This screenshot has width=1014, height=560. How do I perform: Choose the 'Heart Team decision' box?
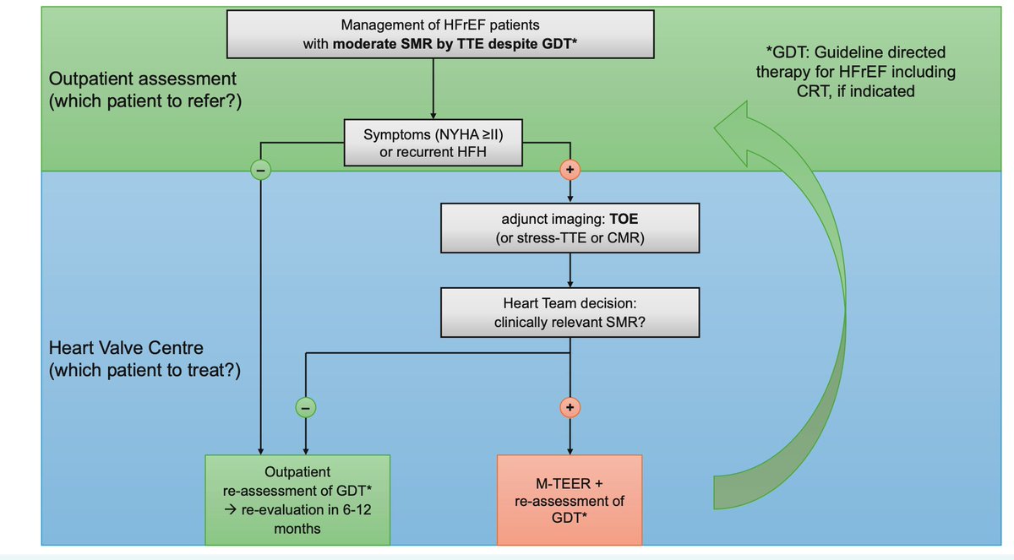570,313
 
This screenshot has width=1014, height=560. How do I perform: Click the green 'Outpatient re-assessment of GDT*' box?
297,498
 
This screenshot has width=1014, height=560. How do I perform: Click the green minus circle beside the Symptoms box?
261,169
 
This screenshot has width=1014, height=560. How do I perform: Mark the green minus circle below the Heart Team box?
305,408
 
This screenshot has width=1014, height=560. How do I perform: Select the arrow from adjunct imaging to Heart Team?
570,271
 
